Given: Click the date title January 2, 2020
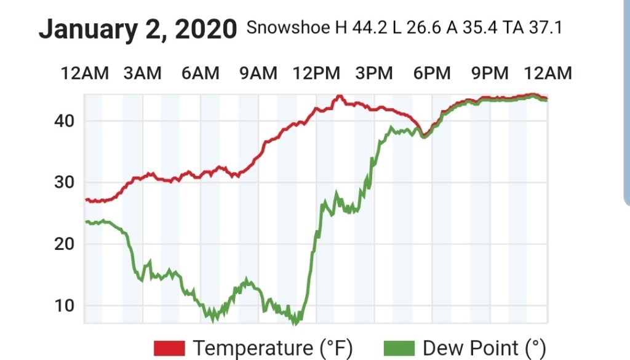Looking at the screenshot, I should (x=138, y=30).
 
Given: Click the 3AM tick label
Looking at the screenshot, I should (x=142, y=73).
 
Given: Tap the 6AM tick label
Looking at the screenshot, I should (x=200, y=73).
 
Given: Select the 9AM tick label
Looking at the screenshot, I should (x=258, y=73).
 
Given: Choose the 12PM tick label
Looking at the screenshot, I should (x=316, y=73).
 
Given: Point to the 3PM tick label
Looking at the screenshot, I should (x=374, y=73).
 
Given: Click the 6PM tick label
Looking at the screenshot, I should (x=432, y=73).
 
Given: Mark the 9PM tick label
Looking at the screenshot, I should (x=490, y=73).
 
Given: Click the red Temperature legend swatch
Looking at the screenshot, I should (x=169, y=348).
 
